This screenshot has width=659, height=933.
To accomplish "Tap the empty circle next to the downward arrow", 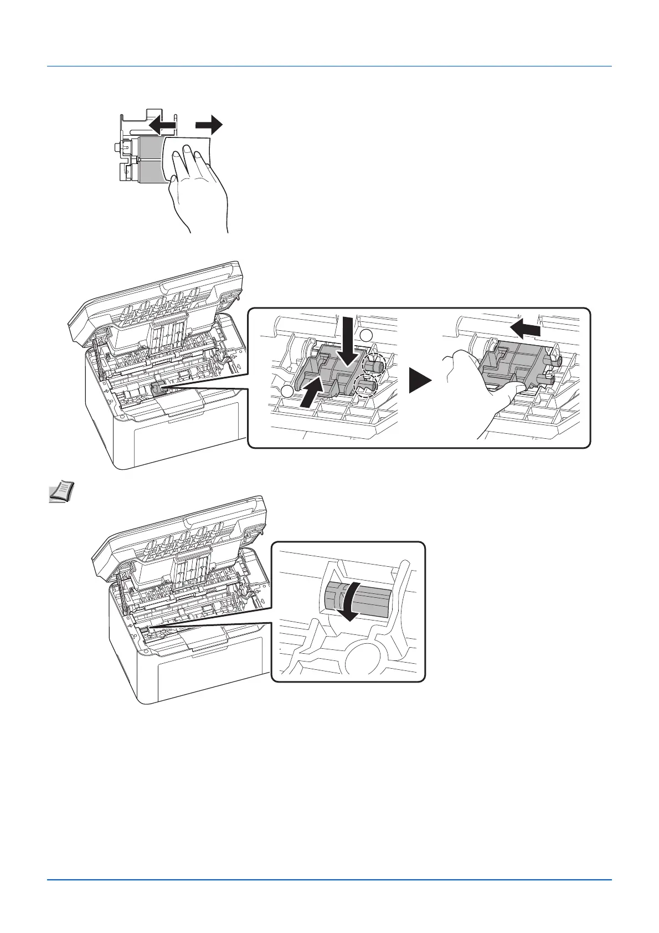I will click(x=367, y=335).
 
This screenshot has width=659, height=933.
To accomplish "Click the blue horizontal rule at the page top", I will click(x=329, y=66).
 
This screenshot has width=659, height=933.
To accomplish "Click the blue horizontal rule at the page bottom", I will click(x=329, y=895).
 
